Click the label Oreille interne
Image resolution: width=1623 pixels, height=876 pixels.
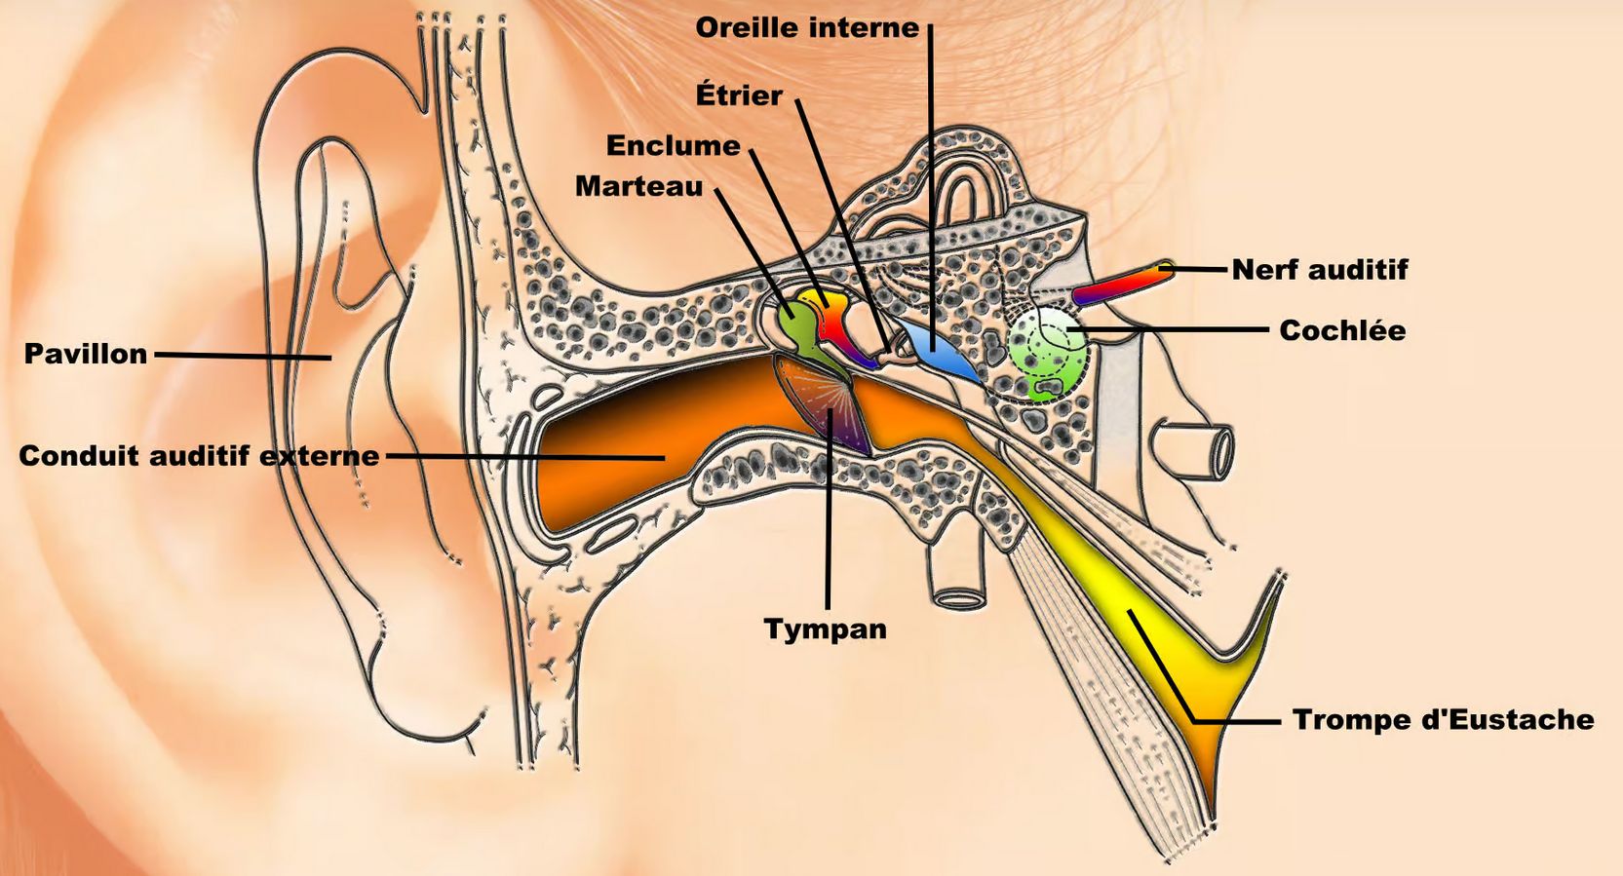click(806, 28)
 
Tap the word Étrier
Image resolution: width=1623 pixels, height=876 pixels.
click(738, 95)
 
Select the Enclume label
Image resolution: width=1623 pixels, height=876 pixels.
click(673, 146)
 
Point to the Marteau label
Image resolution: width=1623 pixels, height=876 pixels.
click(638, 186)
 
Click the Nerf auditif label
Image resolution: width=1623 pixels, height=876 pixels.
click(1320, 270)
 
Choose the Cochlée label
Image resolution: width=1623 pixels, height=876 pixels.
click(1342, 330)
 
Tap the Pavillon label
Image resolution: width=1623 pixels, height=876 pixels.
click(86, 354)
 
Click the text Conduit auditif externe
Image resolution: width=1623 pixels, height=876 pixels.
click(199, 456)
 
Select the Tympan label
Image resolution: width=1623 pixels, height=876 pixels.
click(825, 628)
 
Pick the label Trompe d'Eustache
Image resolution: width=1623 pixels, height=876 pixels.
click(1443, 720)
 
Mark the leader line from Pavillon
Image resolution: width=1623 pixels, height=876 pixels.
click(244, 356)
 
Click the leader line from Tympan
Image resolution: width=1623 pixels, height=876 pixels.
click(829, 526)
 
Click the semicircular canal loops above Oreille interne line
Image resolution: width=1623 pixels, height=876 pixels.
click(965, 190)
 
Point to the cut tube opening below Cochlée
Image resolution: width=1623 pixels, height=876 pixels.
click(1218, 450)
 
